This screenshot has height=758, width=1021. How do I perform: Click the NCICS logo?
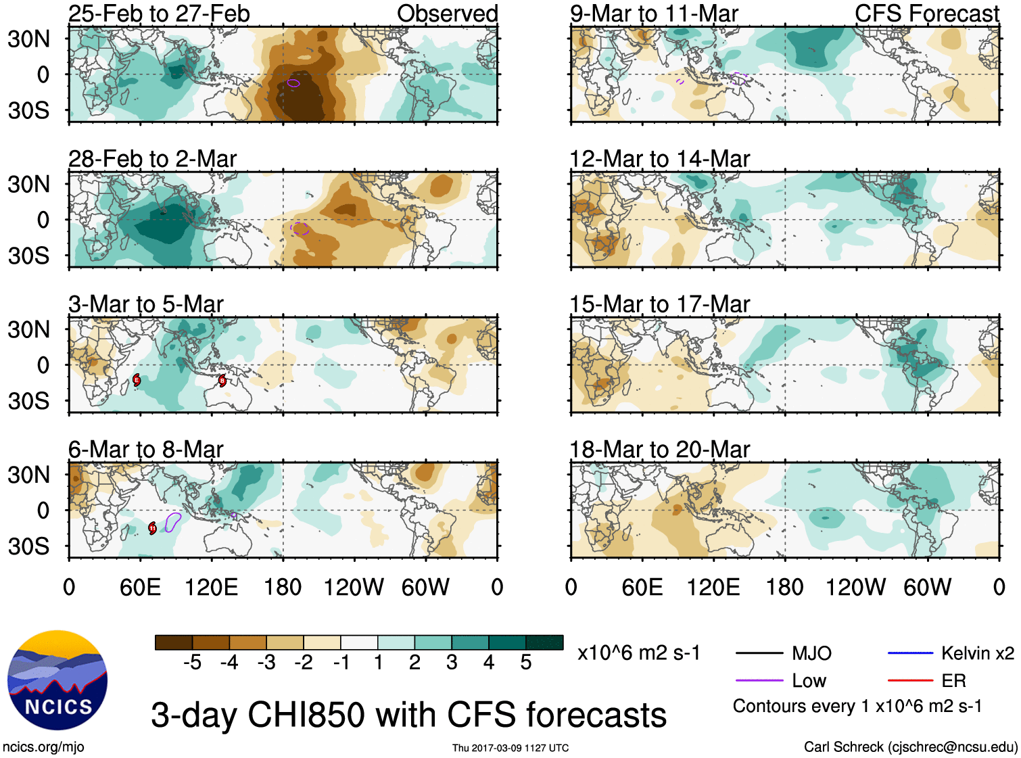pos(57,680)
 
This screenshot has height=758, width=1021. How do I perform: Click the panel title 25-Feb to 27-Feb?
pos(159,14)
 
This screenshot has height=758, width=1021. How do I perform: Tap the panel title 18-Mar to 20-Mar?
pos(660,450)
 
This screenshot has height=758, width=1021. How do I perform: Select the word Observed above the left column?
pos(447,14)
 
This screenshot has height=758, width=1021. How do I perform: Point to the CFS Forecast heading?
pos(926,14)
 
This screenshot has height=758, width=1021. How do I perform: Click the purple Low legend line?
pos(759,680)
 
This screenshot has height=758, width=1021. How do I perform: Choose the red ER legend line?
pos(909,680)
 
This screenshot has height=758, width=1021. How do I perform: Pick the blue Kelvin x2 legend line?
pos(909,653)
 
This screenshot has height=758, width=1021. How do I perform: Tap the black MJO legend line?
pos(759,653)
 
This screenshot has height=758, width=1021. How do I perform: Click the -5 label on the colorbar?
pos(192,663)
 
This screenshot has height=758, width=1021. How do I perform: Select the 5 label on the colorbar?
pos(526,663)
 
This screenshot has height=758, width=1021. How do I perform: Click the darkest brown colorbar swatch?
pos(174,642)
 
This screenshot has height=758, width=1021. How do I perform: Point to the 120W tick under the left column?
pos(354,587)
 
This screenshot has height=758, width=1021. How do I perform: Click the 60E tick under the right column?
pos(642,587)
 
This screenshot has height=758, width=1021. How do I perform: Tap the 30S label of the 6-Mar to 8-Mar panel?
pos(28,546)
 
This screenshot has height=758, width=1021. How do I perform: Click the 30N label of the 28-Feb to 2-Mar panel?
pos(28,184)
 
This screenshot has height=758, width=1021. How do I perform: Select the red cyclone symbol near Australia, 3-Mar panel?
pos(222,381)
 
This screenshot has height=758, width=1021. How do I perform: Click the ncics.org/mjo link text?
pos(43,747)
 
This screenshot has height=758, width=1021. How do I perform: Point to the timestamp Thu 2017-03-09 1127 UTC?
pos(510,748)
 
